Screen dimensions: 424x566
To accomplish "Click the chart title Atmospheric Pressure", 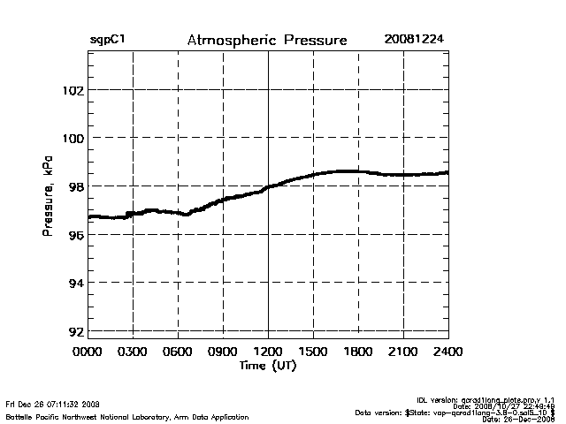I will [267, 41].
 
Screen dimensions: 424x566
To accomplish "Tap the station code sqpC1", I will [106, 41].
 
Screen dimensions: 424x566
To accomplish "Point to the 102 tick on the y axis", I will [71, 90].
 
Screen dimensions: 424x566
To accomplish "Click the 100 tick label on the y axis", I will [71, 138].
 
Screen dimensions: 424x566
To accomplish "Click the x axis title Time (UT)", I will [268, 366].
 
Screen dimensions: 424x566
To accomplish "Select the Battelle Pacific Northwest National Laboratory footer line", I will [127, 416].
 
